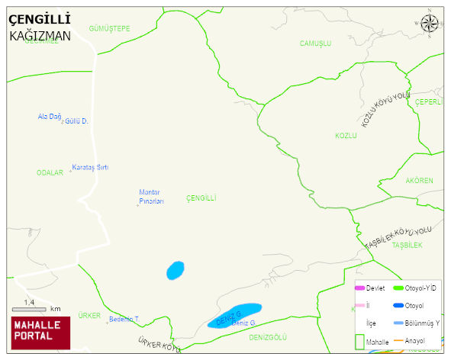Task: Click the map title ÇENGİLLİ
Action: point(40,18)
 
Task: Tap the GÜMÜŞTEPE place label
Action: point(110,28)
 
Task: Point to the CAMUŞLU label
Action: point(315,43)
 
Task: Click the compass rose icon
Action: point(430,24)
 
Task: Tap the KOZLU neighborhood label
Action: point(346,135)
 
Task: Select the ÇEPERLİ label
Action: point(429,102)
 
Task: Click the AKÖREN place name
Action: point(420,181)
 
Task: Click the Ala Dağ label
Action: point(48,117)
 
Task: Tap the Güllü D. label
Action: point(76,121)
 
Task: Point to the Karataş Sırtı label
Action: point(90,167)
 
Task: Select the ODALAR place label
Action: point(50,173)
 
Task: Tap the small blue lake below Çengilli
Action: point(176,270)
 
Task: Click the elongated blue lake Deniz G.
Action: point(234,315)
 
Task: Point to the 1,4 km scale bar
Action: point(30,308)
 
